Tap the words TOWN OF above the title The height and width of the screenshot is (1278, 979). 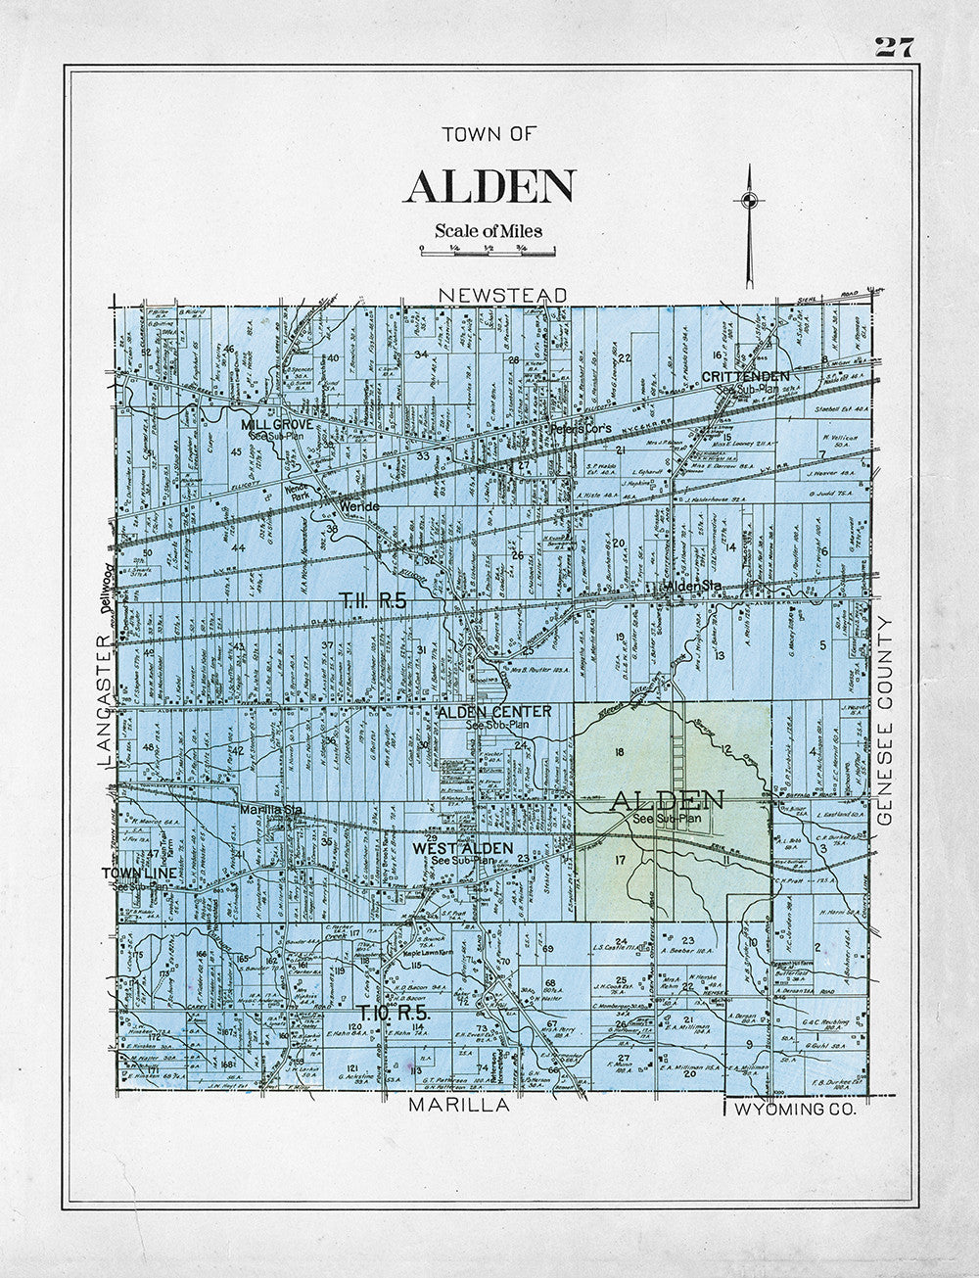coord(489,136)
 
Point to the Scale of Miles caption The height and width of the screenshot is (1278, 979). coord(489,231)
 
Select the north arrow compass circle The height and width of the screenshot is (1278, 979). coord(749,202)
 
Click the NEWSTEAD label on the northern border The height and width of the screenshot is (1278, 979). coord(502,295)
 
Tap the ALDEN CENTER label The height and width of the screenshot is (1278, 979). coord(494,711)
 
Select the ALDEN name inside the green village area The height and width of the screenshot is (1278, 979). coord(667,800)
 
